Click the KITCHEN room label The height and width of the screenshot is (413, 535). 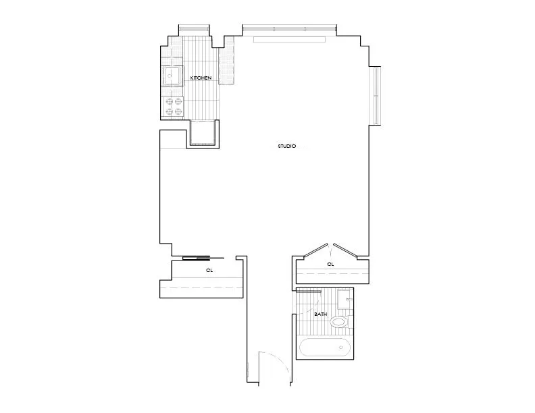201,78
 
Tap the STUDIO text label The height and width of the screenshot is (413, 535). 287,146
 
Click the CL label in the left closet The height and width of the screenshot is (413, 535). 209,270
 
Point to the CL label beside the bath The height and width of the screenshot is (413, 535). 330,265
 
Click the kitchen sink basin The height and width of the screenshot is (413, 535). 172,76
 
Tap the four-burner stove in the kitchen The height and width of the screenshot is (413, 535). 172,107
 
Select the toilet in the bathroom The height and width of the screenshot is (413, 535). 340,323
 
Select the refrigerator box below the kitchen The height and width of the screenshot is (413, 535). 203,133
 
